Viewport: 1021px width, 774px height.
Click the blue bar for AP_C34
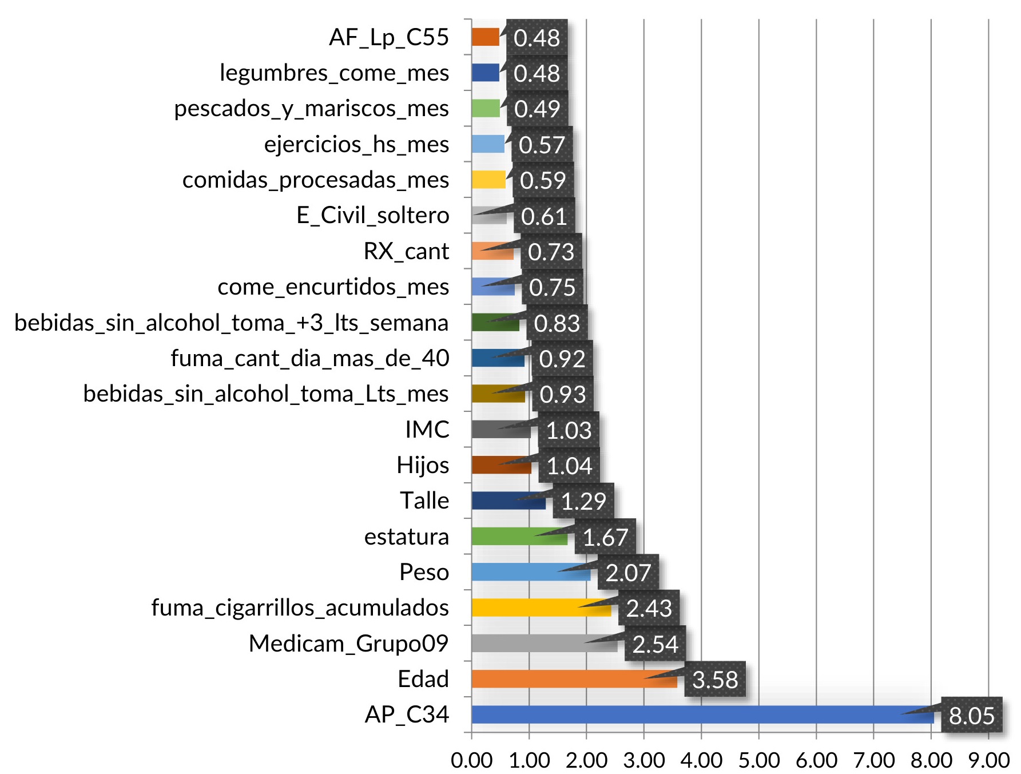[x=686, y=715]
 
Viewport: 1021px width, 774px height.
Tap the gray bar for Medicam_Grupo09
[x=532, y=644]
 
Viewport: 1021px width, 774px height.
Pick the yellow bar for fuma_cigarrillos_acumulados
[x=526, y=608]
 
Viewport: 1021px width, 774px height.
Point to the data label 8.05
[x=971, y=715]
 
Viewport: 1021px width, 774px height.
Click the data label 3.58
[x=714, y=680]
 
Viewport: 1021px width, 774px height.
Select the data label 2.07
[x=628, y=573]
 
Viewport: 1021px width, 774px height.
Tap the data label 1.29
[x=583, y=501]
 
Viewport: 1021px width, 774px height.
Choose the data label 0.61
[x=543, y=216]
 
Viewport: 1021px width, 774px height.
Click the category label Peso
[x=424, y=572]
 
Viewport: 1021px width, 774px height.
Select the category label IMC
[x=427, y=430]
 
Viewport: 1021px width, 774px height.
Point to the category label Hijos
[x=423, y=465]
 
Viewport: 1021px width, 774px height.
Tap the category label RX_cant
[x=406, y=251]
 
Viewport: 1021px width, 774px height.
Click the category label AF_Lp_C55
[x=389, y=38]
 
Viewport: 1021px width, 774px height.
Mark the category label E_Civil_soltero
[x=373, y=216]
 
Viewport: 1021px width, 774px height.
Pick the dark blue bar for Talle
[x=506, y=501]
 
